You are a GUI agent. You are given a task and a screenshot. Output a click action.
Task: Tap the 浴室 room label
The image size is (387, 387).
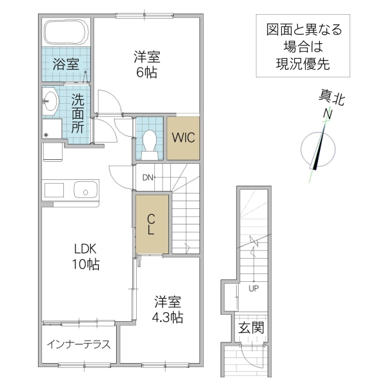(66, 64)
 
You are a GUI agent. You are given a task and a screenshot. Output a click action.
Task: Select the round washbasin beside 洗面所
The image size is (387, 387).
(50, 99)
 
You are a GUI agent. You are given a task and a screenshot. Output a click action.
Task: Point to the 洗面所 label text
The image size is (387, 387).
(78, 114)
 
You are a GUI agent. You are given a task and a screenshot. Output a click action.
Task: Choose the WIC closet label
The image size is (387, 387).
(183, 137)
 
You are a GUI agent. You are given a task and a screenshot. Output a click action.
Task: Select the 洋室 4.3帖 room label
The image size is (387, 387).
(168, 309)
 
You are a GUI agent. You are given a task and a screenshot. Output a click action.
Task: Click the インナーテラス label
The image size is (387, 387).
(78, 344)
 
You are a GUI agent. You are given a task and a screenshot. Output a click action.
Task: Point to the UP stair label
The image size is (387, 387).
(253, 288)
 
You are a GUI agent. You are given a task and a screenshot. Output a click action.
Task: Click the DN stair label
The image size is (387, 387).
(147, 177)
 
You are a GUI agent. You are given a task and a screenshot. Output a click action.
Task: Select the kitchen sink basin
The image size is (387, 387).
(85, 190)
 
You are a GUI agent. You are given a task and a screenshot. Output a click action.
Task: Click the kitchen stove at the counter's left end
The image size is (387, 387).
(54, 190)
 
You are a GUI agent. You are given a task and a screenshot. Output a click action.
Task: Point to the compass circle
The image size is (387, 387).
(318, 149)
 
